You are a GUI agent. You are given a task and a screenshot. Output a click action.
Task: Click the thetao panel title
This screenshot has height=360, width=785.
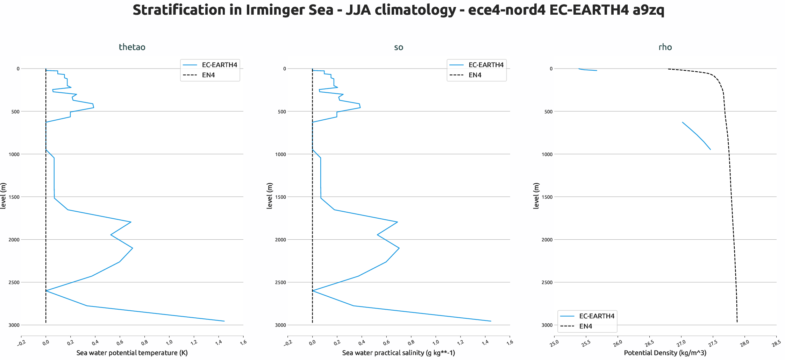pyautogui.click(x=132, y=47)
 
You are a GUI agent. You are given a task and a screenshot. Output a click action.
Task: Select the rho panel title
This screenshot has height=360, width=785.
pyautogui.click(x=665, y=47)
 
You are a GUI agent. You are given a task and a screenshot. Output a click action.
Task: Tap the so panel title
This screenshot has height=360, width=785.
pyautogui.click(x=399, y=47)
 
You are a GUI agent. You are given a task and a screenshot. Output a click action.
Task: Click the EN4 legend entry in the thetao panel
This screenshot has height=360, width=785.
pyautogui.click(x=208, y=75)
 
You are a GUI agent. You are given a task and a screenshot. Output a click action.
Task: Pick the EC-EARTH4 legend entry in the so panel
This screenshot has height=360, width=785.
pyautogui.click(x=486, y=65)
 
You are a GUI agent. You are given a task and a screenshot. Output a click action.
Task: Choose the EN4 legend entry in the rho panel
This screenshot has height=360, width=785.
pyautogui.click(x=586, y=326)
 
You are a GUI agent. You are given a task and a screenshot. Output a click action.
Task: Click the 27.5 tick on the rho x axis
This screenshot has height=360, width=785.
pyautogui.click(x=712, y=343)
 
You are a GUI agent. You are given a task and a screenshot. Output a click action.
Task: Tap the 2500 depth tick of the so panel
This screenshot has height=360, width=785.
pyautogui.click(x=280, y=282)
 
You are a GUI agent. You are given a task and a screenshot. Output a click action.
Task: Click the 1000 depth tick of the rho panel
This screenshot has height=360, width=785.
pyautogui.click(x=547, y=154)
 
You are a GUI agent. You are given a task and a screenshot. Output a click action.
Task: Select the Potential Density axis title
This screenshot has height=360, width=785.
pyautogui.click(x=665, y=353)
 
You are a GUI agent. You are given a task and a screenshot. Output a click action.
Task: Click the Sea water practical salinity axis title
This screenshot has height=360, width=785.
pyautogui.click(x=399, y=353)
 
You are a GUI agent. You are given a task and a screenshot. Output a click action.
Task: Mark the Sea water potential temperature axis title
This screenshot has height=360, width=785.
pyautogui.click(x=132, y=353)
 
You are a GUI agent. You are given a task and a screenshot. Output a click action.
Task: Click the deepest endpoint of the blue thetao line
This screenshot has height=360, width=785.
pyautogui.click(x=224, y=321)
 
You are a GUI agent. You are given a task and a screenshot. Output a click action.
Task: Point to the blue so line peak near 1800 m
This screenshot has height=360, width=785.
pyautogui.click(x=397, y=222)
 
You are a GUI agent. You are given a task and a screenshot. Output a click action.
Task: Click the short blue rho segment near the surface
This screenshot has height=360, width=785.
pyautogui.click(x=587, y=70)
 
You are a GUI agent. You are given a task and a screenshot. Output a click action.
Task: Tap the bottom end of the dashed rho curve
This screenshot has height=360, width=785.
pyautogui.click(x=737, y=322)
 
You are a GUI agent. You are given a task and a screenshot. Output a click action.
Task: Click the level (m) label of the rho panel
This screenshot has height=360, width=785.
pyautogui.click(x=536, y=196)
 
